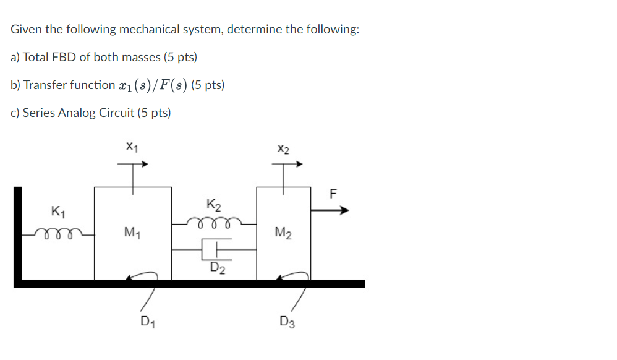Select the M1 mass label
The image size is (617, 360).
(132, 233)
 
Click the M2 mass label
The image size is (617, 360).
(283, 233)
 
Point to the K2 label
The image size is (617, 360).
(214, 205)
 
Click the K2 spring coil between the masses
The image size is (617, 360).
(215, 221)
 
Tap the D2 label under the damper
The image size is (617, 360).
(217, 268)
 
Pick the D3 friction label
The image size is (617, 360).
(287, 322)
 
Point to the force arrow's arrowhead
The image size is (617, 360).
(344, 210)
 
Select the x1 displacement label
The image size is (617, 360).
(132, 147)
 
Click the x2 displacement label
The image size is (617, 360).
(283, 149)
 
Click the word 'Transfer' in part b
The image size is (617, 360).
(43, 85)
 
